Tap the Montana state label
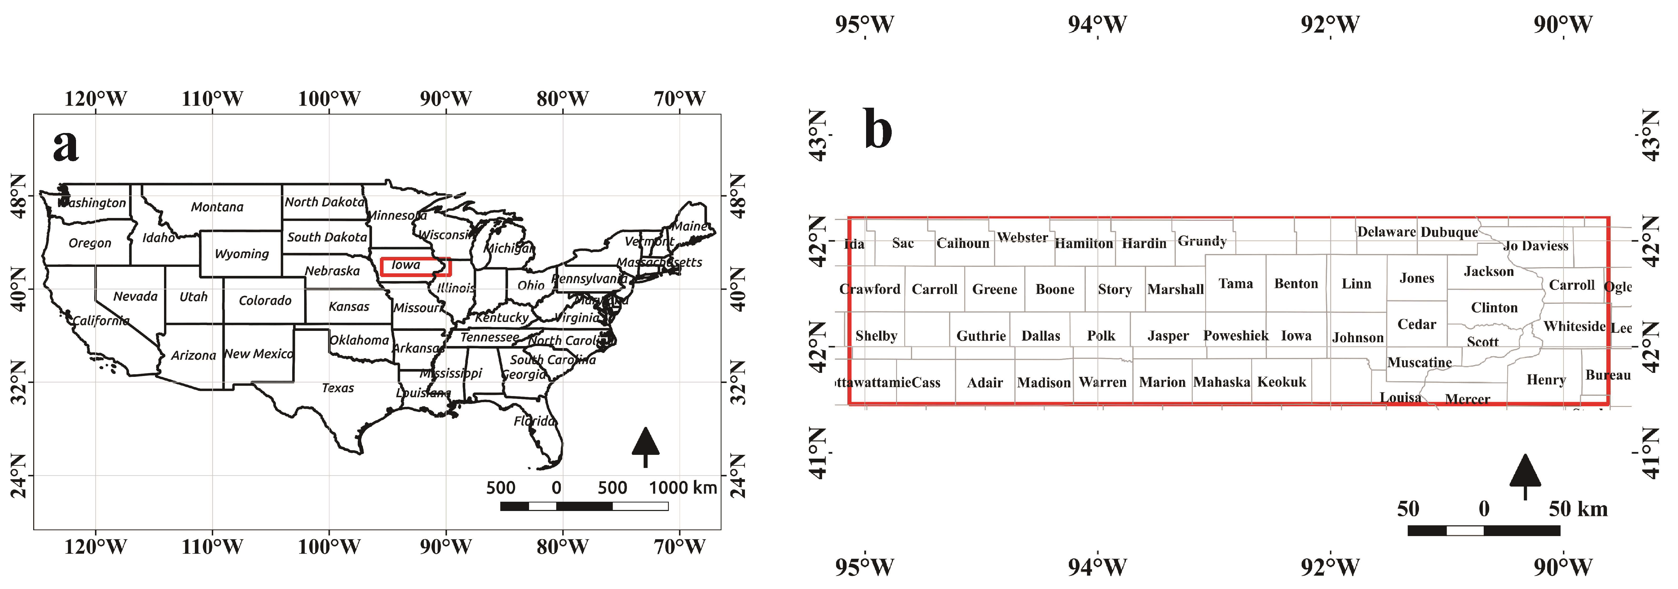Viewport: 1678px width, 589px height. pyautogui.click(x=217, y=207)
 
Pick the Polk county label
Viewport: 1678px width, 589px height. pyautogui.click(x=1101, y=336)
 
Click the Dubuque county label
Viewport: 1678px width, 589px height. pyautogui.click(x=1449, y=232)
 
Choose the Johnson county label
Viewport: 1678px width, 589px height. pyautogui.click(x=1358, y=337)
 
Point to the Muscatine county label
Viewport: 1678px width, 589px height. pyautogui.click(x=1419, y=363)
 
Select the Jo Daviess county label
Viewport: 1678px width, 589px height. pyautogui.click(x=1535, y=246)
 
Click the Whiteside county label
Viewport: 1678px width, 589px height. pyautogui.click(x=1574, y=326)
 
